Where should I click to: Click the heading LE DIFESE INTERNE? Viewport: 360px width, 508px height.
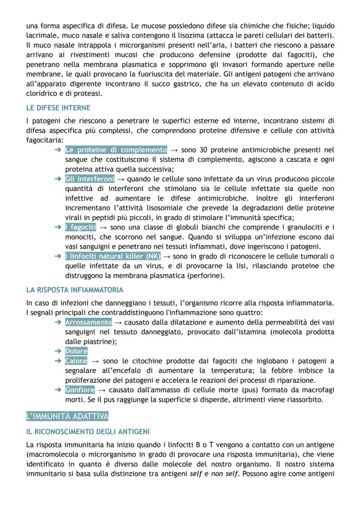(x=58, y=107)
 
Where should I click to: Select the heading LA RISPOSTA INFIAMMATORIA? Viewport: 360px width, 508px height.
(x=74, y=289)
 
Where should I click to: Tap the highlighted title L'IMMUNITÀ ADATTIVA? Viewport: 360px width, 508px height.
(x=67, y=416)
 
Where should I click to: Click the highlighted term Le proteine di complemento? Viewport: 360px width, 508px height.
(x=116, y=150)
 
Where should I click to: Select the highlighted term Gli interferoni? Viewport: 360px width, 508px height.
(x=90, y=179)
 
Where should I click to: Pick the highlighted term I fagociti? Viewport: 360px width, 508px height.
(x=80, y=227)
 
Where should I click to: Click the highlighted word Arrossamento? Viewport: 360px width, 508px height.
(x=88, y=322)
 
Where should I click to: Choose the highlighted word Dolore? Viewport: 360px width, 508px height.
(x=76, y=351)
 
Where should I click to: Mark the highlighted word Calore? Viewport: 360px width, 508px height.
(x=76, y=361)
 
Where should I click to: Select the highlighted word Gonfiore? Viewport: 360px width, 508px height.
(x=80, y=390)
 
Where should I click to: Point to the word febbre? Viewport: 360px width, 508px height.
(x=285, y=371)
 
